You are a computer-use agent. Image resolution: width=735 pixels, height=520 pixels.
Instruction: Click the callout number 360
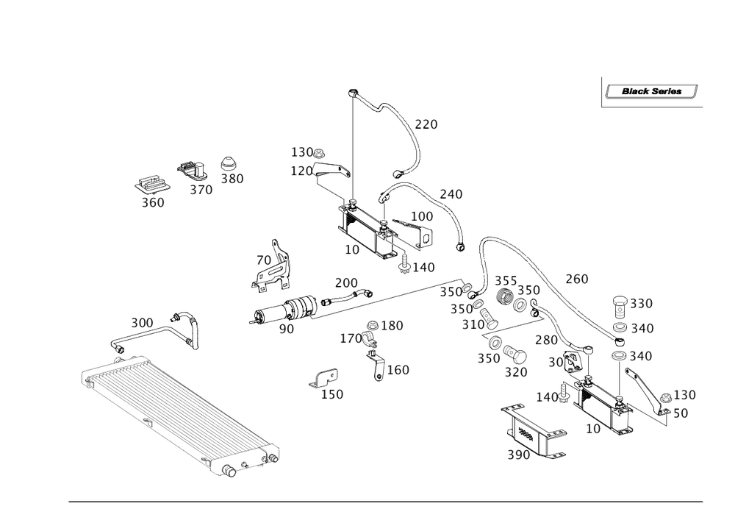tap(153, 203)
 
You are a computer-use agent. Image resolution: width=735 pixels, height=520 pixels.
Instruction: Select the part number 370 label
tap(200, 190)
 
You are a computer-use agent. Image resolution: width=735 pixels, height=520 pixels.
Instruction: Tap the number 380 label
tap(232, 178)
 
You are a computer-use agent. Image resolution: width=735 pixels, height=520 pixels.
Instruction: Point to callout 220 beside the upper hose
tap(426, 125)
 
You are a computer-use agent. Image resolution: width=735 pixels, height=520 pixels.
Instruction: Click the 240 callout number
tap(451, 194)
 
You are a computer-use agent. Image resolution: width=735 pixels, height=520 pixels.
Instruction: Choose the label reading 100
tap(422, 216)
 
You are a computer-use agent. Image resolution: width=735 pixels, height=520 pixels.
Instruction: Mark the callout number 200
tap(345, 282)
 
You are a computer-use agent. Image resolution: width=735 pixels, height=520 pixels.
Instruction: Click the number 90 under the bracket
tap(286, 329)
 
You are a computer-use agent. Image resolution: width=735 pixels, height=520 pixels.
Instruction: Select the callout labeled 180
tap(393, 325)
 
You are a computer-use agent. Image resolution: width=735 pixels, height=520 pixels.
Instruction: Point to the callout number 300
tap(143, 323)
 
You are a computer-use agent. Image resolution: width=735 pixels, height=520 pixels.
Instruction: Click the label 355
tap(505, 282)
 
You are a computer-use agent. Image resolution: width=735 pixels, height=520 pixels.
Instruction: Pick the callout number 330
tap(641, 303)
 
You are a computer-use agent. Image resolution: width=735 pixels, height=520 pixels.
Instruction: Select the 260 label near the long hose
tap(576, 279)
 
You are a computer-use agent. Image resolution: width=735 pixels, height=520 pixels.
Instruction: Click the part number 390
tap(518, 455)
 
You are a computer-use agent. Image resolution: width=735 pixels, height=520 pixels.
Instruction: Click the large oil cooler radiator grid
tap(176, 408)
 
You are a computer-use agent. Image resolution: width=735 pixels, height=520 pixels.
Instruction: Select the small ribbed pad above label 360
tap(151, 185)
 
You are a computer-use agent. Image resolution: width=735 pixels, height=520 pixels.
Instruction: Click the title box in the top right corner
tap(650, 93)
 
